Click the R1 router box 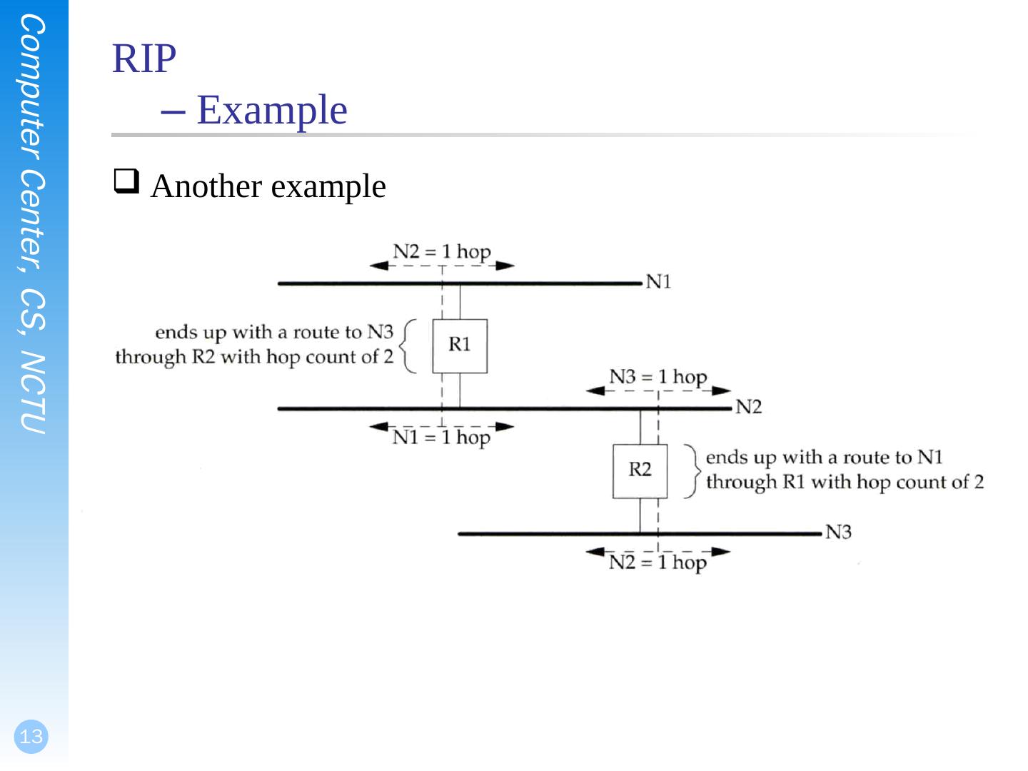460,346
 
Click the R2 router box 640,471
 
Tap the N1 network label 658,282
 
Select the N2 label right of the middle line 748,407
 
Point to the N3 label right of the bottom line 838,532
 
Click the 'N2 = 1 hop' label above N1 442,252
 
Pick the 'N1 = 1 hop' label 442,437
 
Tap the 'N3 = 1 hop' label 657,377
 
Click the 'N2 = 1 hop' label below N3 657,563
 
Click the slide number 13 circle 31,737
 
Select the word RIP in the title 144,59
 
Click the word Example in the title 272,110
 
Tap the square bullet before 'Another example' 126,181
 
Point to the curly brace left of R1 408,346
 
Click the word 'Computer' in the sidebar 33,86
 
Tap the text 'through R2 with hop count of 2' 254,357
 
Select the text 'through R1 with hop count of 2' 845,482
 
